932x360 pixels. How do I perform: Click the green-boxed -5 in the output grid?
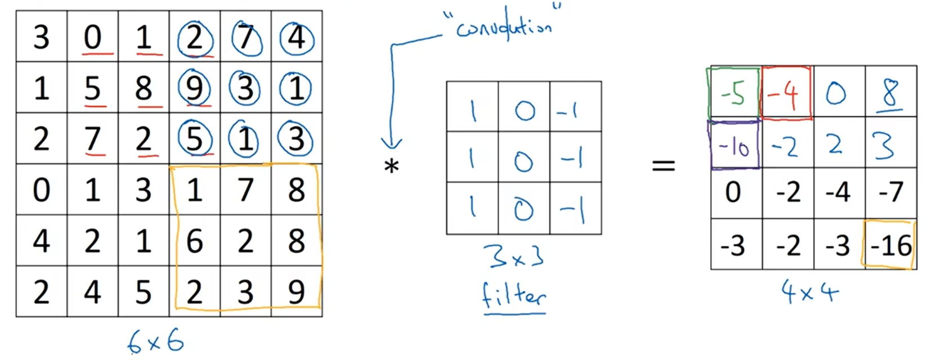coord(734,93)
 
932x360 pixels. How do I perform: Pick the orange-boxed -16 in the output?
coord(890,245)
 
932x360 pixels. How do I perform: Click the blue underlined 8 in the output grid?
coord(890,93)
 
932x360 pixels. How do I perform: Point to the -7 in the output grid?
coord(890,192)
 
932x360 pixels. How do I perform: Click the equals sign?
coord(663,165)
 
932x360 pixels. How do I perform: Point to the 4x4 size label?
coord(809,291)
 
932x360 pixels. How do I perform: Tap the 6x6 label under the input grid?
coord(156,341)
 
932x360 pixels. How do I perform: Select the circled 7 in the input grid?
coord(246,38)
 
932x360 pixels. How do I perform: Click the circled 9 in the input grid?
coord(195,88)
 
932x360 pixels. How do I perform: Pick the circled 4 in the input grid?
coord(297,38)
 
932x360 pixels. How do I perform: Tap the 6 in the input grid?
coord(195,241)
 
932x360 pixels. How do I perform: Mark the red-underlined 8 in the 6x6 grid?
coord(144,89)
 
